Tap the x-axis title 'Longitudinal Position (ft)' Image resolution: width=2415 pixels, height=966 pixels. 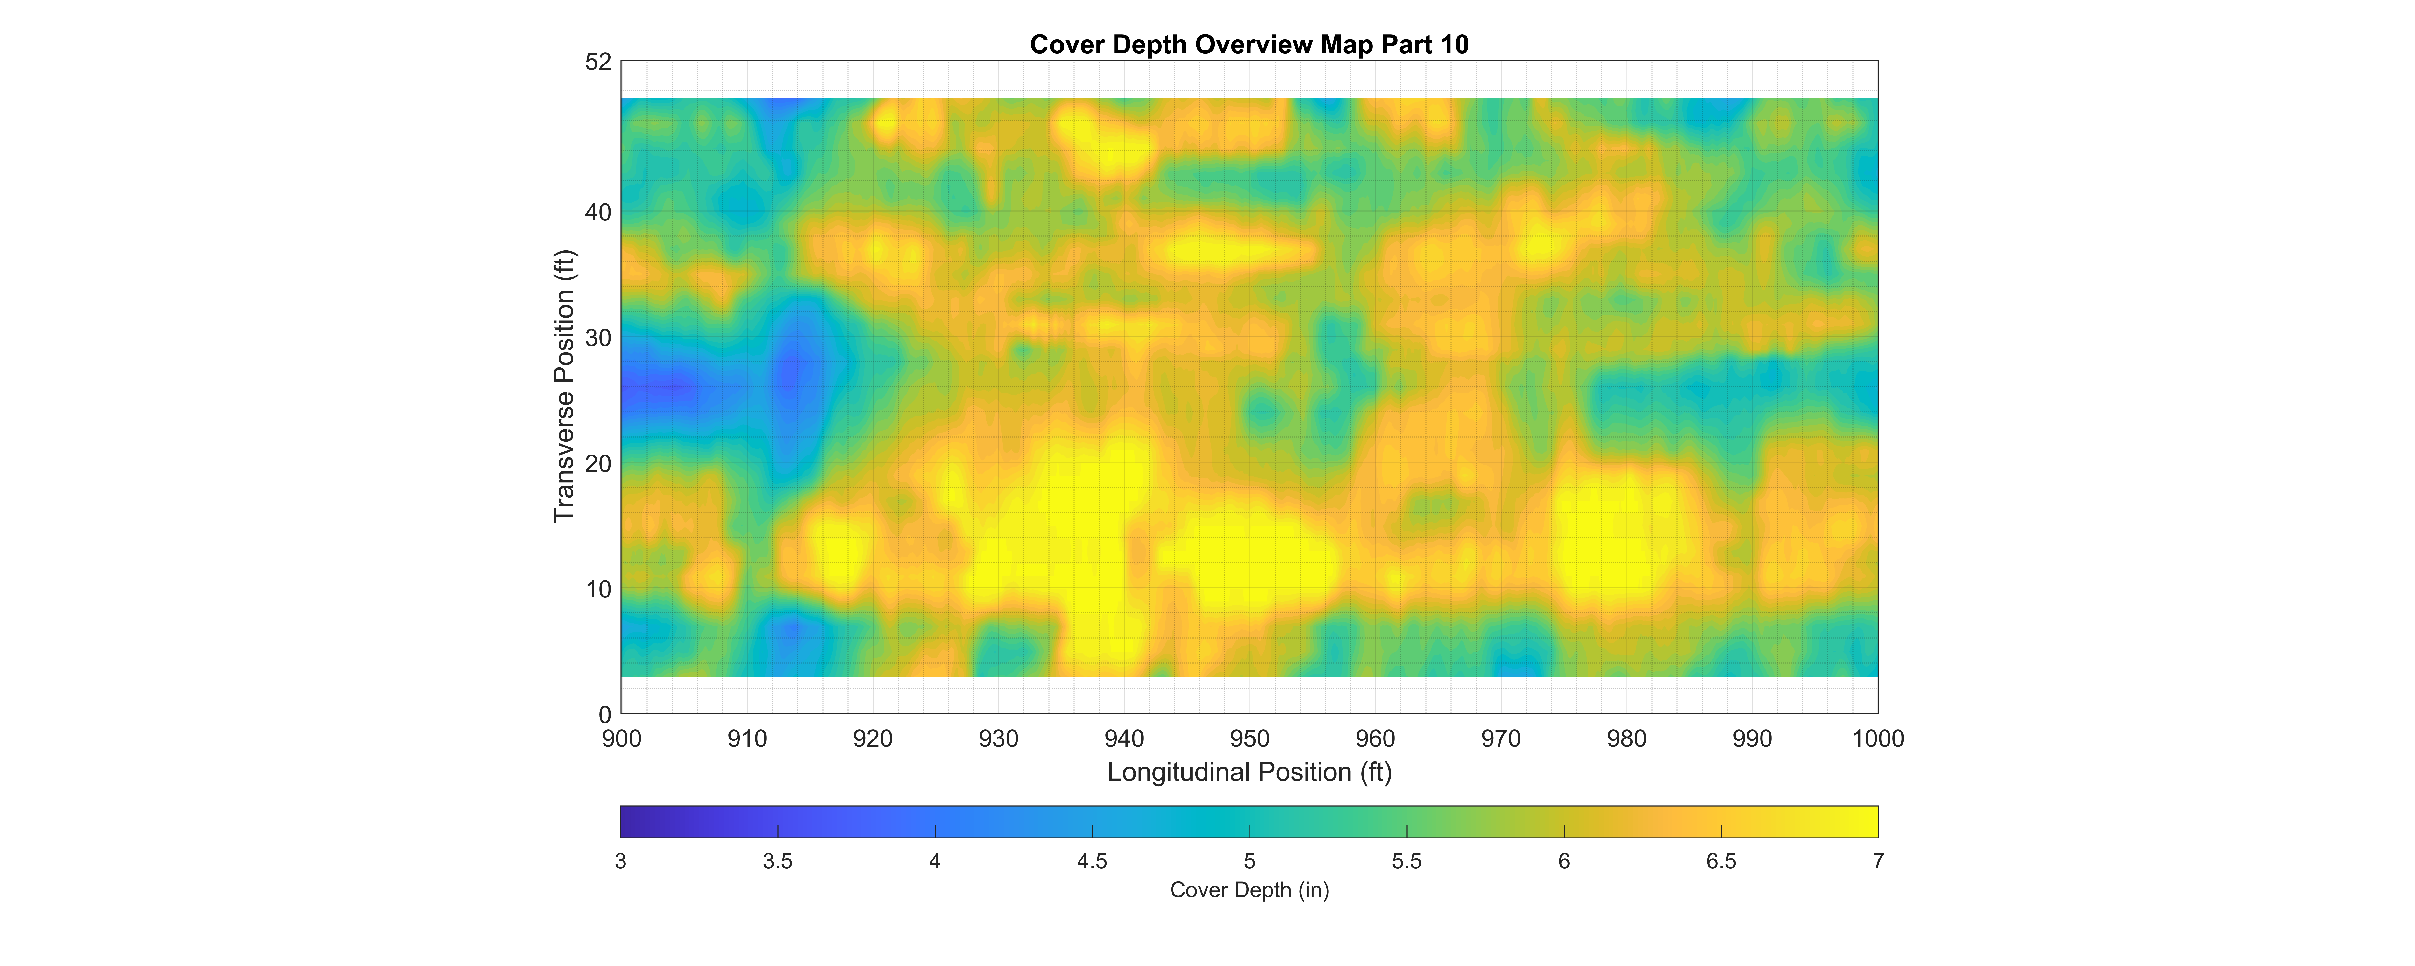(1249, 772)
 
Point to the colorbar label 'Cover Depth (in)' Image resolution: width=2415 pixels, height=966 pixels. (1249, 890)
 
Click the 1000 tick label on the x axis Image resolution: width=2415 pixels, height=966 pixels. (1878, 739)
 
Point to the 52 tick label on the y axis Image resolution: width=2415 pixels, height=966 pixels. (598, 62)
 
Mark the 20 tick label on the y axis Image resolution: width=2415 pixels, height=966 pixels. (598, 463)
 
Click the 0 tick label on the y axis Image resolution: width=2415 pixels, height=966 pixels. (605, 715)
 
